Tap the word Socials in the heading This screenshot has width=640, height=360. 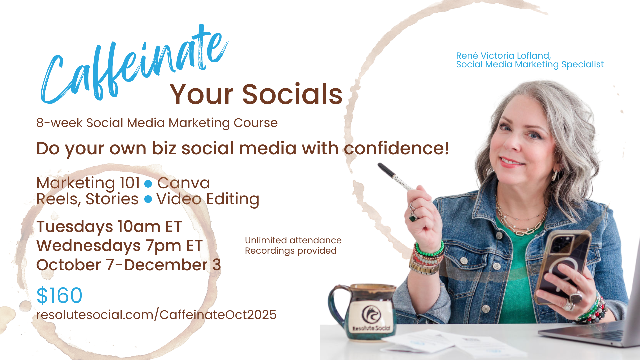pos(292,94)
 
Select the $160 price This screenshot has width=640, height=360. pos(59,295)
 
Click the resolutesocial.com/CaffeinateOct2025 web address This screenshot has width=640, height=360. pos(156,315)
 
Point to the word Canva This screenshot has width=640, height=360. pos(184,183)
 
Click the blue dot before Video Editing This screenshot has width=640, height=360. pos(148,199)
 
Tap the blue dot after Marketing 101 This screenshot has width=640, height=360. pos(148,184)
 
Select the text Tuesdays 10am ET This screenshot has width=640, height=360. pos(109,227)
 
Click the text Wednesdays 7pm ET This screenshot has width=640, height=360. pos(119,246)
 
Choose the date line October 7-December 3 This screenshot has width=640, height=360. pos(129,265)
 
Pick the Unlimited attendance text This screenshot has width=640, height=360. pos(293,240)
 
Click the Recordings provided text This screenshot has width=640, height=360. pos(291,251)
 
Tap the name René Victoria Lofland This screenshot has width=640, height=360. pos(503,56)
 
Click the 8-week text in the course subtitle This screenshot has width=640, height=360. pos(59,123)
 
